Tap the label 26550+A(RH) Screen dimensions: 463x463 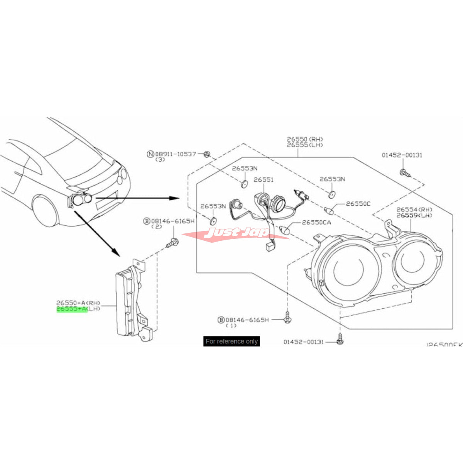pyautogui.click(x=78, y=303)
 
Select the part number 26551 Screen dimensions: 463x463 pyautogui.click(x=264, y=180)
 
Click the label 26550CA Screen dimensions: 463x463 pyautogui.click(x=316, y=223)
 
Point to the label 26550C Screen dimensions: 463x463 pyautogui.click(x=358, y=204)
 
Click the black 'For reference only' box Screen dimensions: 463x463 pyautogui.click(x=231, y=341)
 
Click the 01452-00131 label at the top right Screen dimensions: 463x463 pyautogui.click(x=402, y=155)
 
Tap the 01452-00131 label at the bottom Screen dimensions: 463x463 pyautogui.click(x=304, y=342)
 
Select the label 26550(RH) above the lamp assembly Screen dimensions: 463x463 pyautogui.click(x=305, y=139)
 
